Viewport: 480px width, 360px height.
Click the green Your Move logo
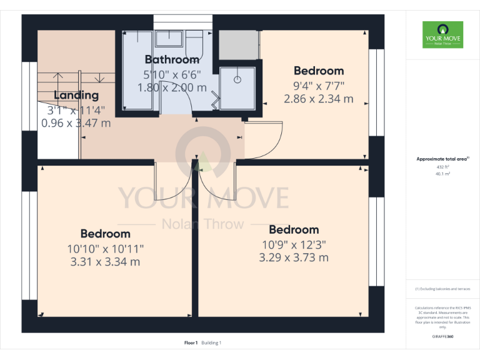442,35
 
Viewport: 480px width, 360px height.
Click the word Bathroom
172,60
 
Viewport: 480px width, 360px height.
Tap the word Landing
76,96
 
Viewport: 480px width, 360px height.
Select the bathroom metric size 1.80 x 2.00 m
172,87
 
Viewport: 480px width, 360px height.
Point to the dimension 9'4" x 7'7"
319,86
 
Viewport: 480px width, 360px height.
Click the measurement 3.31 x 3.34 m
104,261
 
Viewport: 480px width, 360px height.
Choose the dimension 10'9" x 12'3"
294,244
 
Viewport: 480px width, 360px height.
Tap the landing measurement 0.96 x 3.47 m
76,123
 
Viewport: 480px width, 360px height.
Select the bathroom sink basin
168,39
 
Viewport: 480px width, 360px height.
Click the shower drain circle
237,80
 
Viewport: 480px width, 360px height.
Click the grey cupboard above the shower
238,44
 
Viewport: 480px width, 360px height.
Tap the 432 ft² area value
442,167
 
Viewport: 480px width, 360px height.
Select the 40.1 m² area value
442,174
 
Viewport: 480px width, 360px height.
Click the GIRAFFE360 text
442,336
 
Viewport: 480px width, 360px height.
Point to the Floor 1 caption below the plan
191,342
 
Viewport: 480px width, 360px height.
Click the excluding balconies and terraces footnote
442,289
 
